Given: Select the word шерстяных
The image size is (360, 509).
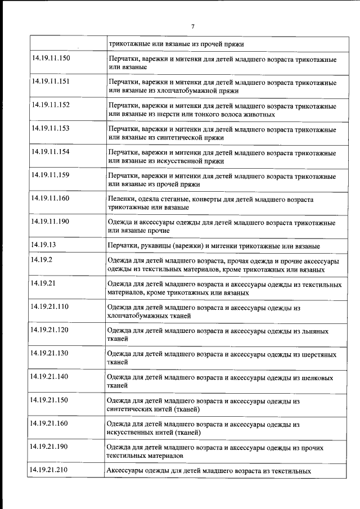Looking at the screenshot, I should tap(322, 355).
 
